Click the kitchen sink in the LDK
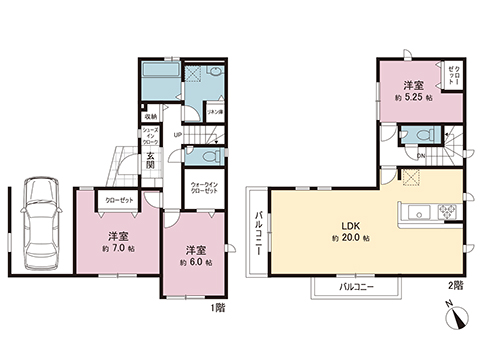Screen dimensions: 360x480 click(414, 211)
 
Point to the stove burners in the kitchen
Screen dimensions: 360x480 click(445, 211)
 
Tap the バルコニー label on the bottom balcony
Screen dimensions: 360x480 click(354, 288)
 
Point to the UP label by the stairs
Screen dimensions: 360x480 click(178, 134)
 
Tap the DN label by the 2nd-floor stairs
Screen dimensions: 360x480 click(420, 156)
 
